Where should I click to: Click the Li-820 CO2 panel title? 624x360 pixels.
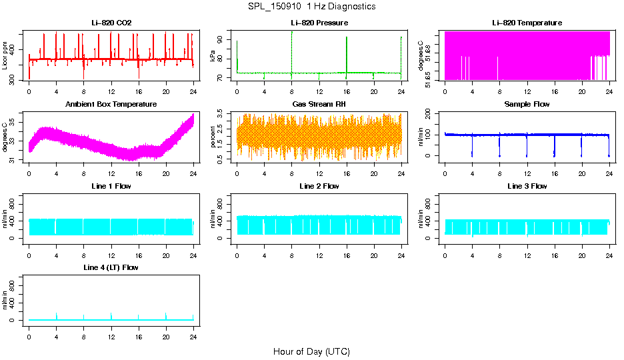111,23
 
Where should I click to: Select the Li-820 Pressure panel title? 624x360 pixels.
319,23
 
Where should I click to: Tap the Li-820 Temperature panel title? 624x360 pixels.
527,23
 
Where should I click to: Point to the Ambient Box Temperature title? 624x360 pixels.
111,104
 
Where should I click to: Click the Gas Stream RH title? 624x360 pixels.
319,104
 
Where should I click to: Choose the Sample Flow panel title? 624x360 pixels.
527,104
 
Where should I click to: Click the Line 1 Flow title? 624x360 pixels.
111,186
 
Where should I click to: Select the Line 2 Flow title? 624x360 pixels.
319,186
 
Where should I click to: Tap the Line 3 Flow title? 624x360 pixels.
527,186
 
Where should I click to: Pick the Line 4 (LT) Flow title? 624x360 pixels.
111,267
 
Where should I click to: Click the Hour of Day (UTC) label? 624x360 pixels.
311,351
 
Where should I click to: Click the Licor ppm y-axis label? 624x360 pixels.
5,55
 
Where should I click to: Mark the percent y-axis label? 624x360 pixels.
213,137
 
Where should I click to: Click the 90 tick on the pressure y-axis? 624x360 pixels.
221,40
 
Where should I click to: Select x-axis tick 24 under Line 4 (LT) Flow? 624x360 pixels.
193,331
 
